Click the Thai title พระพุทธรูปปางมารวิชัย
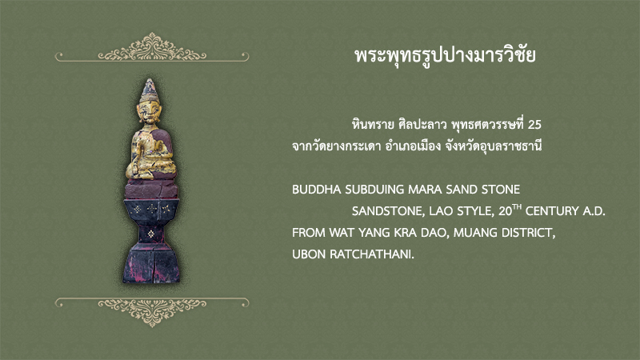[x=445, y=56]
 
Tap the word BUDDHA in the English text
[x=316, y=190]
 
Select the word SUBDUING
[x=374, y=190]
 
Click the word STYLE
[x=474, y=211]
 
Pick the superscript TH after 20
[x=517, y=207]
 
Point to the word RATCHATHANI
[x=371, y=254]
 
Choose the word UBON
[x=309, y=254]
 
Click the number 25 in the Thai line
[x=534, y=125]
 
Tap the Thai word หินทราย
[x=373, y=125]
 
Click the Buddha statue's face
[x=150, y=111]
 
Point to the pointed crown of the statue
[x=150, y=90]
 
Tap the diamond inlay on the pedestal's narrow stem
[x=150, y=234]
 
